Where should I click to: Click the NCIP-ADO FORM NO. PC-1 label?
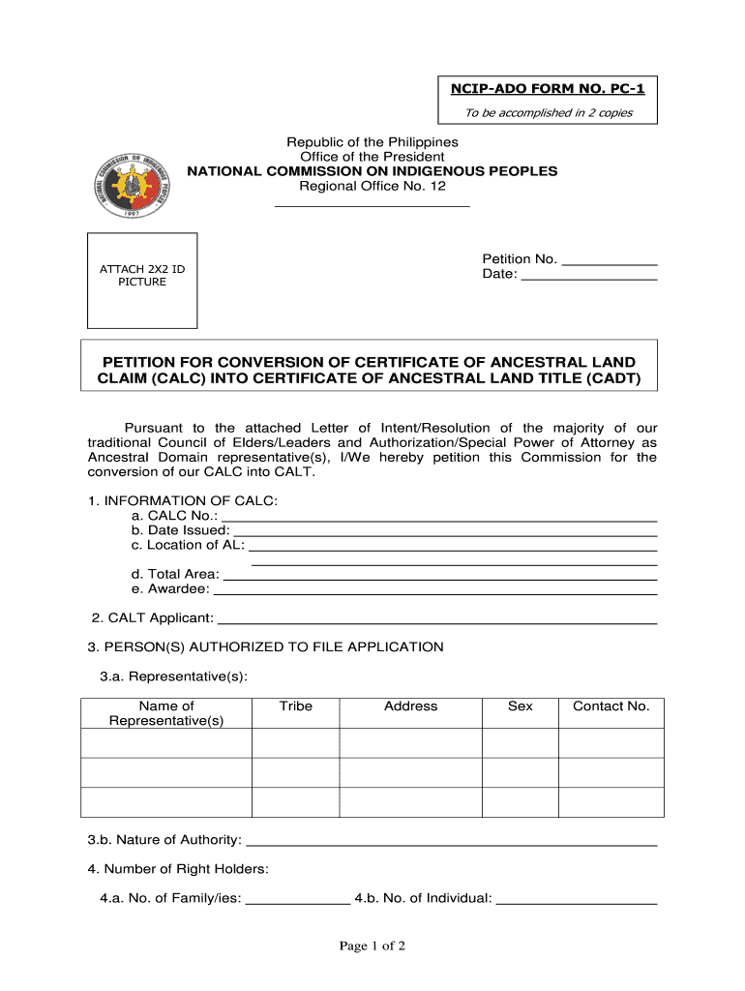547,89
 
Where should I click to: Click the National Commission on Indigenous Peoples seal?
136,172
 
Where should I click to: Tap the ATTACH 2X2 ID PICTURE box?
142,280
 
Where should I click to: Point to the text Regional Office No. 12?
372,186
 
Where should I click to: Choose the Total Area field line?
440,576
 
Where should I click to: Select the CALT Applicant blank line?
437,619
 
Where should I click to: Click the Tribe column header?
295,706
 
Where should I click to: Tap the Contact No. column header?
611,706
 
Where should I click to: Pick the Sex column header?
520,706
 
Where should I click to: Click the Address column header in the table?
410,706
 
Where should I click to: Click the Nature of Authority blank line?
452,841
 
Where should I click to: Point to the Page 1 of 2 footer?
372,946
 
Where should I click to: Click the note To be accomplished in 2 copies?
547,112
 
